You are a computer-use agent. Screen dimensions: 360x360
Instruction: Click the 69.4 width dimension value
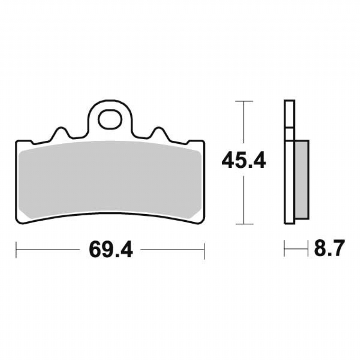coord(111,250)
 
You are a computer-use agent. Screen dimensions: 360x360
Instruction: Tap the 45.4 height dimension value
coord(244,161)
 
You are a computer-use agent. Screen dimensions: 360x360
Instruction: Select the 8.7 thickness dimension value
coord(329,248)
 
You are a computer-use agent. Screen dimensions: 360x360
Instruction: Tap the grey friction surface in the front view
coord(110,179)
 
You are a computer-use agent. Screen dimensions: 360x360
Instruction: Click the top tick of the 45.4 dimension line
coord(244,101)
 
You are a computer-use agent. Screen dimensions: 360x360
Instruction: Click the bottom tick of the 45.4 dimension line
coord(244,224)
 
